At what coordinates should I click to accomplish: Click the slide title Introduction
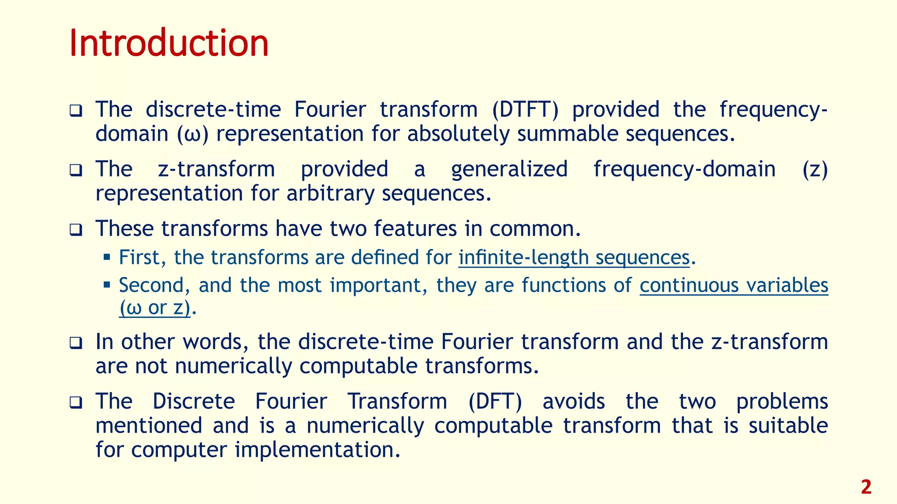click(169, 42)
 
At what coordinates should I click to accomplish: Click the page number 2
click(866, 487)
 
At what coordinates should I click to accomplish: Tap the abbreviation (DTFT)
click(525, 109)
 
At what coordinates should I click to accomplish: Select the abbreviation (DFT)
click(495, 401)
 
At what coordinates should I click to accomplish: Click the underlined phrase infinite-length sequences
click(574, 257)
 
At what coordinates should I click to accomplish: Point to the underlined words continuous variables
click(734, 285)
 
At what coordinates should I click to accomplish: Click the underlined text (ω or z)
click(155, 308)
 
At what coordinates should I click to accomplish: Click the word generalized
click(509, 169)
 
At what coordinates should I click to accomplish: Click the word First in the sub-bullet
click(139, 257)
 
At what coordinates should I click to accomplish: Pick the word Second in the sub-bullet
click(152, 285)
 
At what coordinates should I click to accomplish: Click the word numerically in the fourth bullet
click(233, 366)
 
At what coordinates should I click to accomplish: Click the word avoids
click(574, 401)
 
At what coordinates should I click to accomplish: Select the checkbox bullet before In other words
click(76, 343)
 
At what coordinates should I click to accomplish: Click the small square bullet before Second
click(107, 285)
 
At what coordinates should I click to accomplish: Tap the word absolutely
click(458, 133)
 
